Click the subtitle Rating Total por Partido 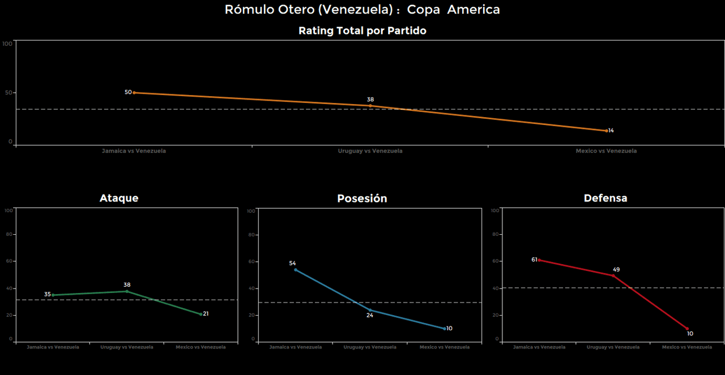[362, 31]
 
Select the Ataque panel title [119, 198]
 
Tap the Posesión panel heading [362, 199]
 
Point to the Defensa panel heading [605, 198]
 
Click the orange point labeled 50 [134, 92]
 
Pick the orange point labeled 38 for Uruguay [370, 106]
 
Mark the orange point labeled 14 [606, 131]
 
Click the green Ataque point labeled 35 [53, 295]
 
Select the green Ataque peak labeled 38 [127, 291]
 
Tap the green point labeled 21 [201, 314]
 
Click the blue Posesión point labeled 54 [295, 270]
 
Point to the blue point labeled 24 [370, 310]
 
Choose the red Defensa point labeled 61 [539, 260]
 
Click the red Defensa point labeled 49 [613, 275]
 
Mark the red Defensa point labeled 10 [687, 328]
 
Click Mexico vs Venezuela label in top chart [606, 151]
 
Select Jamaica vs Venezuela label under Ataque [53, 347]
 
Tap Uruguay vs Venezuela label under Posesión [370, 347]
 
